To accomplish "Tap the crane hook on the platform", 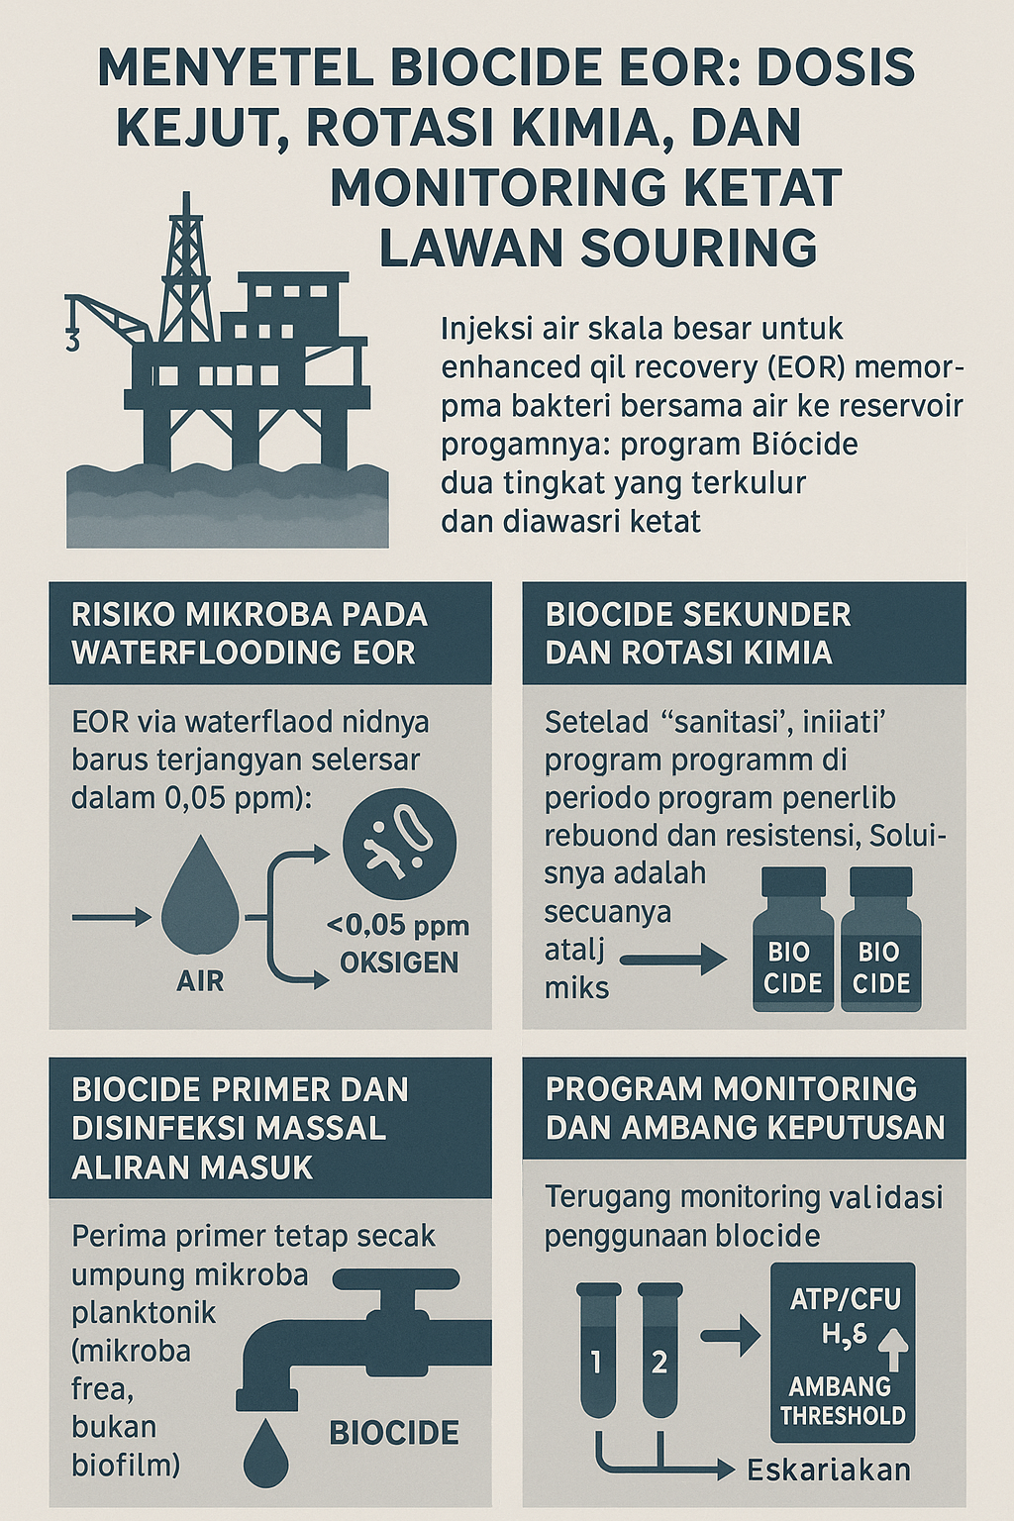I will (72, 340).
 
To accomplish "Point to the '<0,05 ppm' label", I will (398, 926).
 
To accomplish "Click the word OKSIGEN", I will (399, 963).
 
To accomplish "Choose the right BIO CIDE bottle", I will (881, 941).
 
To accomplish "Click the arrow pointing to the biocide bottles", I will (673, 958).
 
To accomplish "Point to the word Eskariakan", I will (829, 1470).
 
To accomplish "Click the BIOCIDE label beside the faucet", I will (394, 1433).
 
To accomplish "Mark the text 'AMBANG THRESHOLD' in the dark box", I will (843, 1401).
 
